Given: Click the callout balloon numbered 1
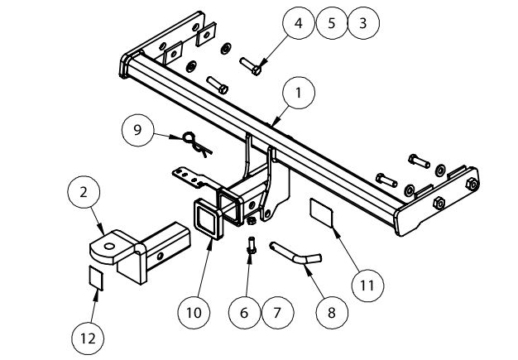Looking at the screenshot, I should point(297,93).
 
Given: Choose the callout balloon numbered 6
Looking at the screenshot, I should point(244,312).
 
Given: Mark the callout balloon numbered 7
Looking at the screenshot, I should point(277,312).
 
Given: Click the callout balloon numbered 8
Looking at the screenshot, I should point(330,313).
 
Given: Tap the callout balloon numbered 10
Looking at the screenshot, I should point(193,312).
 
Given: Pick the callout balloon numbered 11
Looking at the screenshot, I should point(367,285).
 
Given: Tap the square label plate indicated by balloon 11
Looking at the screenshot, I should point(324,211).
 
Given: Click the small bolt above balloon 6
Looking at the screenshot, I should point(251,245).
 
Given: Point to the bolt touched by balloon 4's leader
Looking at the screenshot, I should point(252,65).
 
